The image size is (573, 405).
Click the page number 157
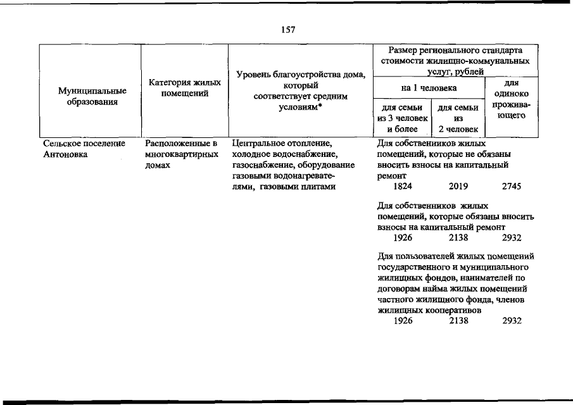(x=286, y=30)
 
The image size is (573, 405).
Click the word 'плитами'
(x=316, y=186)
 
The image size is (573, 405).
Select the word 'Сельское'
(x=61, y=144)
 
